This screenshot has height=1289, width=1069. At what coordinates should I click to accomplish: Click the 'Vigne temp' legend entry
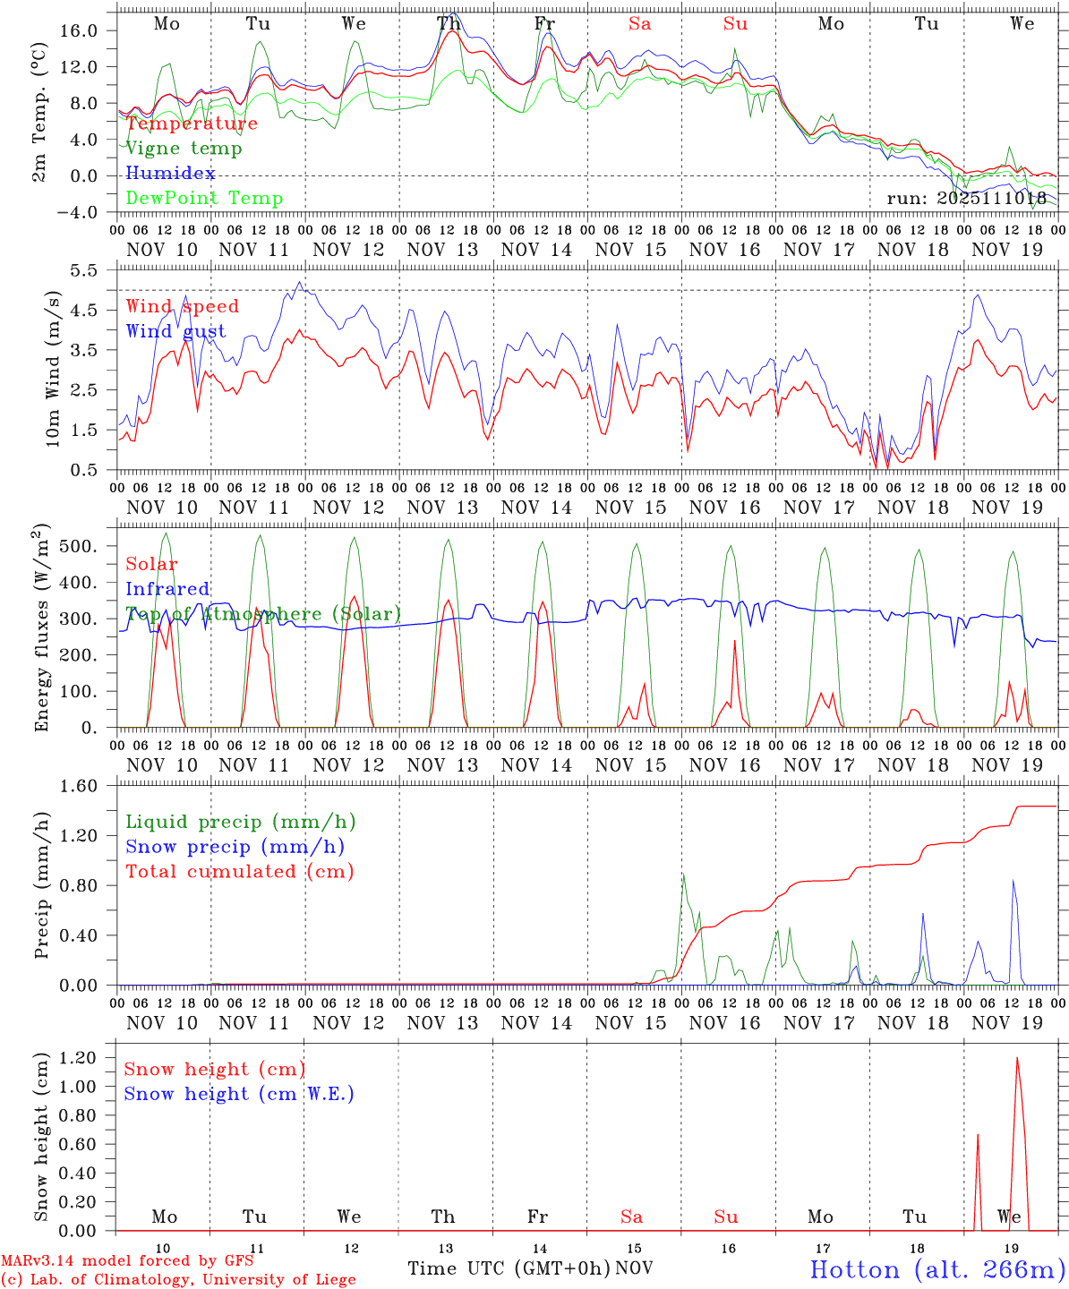(x=184, y=149)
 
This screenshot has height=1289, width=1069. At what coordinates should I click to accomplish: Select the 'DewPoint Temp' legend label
(x=204, y=199)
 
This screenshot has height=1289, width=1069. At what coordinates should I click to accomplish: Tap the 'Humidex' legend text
(x=170, y=174)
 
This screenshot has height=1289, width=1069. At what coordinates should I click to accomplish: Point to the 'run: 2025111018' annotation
(x=966, y=199)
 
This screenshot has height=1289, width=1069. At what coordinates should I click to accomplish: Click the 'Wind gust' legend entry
(x=175, y=331)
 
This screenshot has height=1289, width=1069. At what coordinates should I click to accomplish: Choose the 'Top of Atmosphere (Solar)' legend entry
(x=263, y=614)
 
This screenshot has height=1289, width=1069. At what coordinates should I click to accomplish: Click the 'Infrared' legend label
(x=167, y=589)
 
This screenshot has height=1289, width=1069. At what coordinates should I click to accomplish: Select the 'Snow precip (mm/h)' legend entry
(x=235, y=847)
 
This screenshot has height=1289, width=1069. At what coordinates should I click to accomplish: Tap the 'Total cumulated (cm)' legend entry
(x=240, y=872)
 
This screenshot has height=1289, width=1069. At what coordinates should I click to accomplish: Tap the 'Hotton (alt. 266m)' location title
(x=936, y=1269)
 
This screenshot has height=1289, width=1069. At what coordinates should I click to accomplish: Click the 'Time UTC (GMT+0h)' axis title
(x=509, y=1268)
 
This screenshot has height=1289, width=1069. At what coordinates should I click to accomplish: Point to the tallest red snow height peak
(x=1017, y=1059)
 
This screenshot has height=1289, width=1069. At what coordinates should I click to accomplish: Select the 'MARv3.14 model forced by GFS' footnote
(x=127, y=1261)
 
